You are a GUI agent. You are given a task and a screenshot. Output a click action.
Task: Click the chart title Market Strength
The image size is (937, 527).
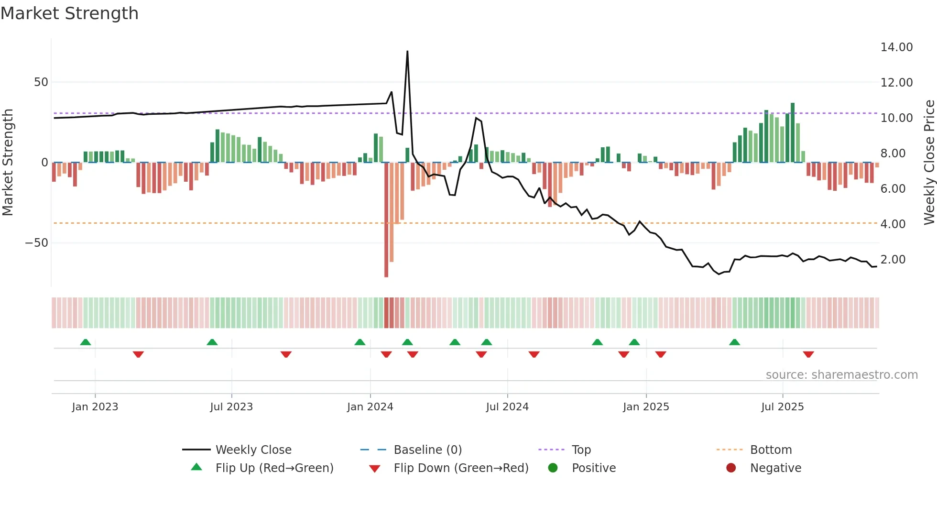(x=69, y=13)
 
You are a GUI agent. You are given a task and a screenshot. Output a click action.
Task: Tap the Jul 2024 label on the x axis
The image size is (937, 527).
(x=507, y=407)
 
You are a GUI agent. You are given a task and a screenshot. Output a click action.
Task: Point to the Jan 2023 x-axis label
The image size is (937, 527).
(x=95, y=407)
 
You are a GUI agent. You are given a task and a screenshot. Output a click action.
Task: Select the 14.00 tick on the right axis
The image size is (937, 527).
(x=896, y=47)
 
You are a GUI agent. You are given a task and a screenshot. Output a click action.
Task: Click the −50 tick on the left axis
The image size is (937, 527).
(x=37, y=243)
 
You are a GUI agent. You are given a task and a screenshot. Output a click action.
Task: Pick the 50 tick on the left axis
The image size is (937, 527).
(x=41, y=82)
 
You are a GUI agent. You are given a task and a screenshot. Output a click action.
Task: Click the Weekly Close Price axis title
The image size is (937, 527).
(x=929, y=162)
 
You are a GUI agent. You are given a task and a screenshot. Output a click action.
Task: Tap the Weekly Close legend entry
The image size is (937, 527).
(x=253, y=450)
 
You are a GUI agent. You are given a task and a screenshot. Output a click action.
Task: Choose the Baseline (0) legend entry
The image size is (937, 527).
(x=427, y=450)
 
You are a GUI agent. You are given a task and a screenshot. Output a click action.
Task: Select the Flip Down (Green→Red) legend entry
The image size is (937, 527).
(x=461, y=468)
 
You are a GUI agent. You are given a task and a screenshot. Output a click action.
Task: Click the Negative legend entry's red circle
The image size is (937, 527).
(x=731, y=468)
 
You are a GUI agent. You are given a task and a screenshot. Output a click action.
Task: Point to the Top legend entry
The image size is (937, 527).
(x=581, y=450)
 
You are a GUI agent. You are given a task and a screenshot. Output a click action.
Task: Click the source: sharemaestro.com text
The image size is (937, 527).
(x=841, y=375)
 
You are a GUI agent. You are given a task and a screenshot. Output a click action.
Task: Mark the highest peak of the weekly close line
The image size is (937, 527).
(x=407, y=51)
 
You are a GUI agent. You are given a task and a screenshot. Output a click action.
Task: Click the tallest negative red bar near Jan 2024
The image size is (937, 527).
(x=386, y=220)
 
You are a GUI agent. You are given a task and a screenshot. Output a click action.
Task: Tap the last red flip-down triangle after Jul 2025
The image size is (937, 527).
(x=808, y=354)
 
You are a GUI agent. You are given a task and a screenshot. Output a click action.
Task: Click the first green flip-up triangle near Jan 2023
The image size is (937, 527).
(x=86, y=342)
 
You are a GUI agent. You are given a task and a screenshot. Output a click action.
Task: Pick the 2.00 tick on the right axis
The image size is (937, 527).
(x=893, y=260)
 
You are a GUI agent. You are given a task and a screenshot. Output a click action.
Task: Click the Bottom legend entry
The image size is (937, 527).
(x=771, y=450)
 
